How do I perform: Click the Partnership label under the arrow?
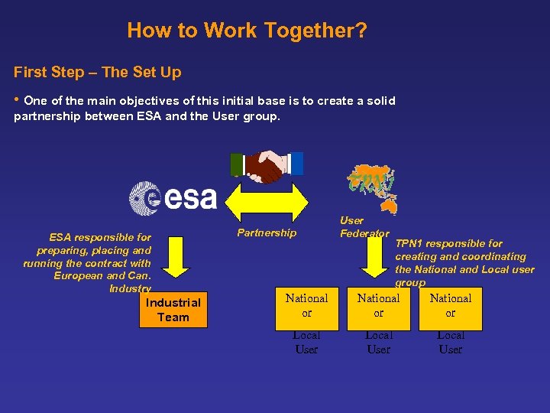tap(267, 233)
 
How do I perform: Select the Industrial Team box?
tap(173, 310)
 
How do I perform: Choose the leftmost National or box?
tap(306, 305)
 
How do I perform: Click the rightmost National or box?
tap(450, 305)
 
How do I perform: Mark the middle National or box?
tap(378, 305)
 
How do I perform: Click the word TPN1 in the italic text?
tap(409, 243)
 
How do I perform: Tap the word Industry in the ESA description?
tap(130, 288)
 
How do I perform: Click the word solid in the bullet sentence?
tap(380, 101)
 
